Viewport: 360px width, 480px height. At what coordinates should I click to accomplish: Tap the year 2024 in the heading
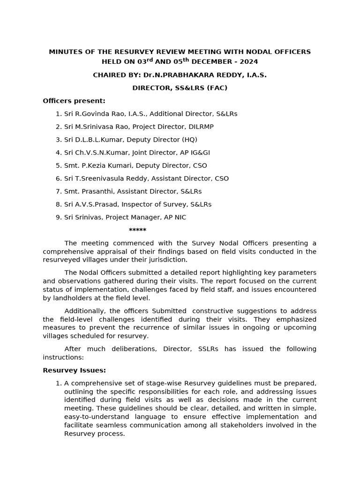[248, 62]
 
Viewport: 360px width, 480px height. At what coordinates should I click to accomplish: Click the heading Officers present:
[74, 101]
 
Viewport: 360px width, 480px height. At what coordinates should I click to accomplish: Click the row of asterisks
[137, 230]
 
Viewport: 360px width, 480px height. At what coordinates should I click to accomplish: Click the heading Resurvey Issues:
[74, 370]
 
